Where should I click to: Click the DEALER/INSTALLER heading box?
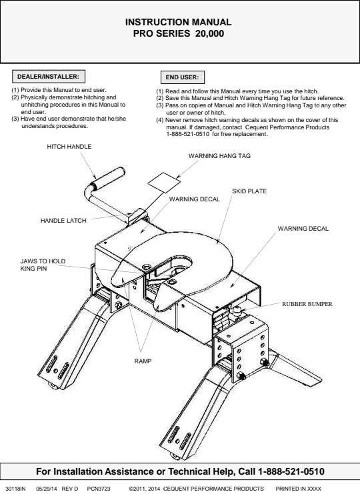click(49, 77)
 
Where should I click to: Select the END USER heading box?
click(183, 77)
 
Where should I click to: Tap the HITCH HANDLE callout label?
click(69, 147)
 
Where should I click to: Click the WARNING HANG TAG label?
click(219, 155)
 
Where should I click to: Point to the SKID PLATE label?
click(249, 191)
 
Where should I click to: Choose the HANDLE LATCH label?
click(63, 221)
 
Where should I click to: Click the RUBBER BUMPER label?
click(307, 304)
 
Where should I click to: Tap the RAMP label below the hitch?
click(143, 361)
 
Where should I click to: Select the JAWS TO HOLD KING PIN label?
click(43, 265)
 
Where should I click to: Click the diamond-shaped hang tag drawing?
click(164, 183)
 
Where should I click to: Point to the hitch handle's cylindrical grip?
click(107, 178)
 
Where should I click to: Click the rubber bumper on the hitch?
click(236, 312)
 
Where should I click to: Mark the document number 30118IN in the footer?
click(15, 489)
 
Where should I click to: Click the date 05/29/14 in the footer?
click(47, 489)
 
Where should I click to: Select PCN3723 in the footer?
click(99, 489)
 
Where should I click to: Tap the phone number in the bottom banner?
click(291, 471)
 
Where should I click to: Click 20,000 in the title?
click(209, 33)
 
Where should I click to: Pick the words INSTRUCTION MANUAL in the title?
click(178, 22)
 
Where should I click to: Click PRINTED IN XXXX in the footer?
click(298, 489)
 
